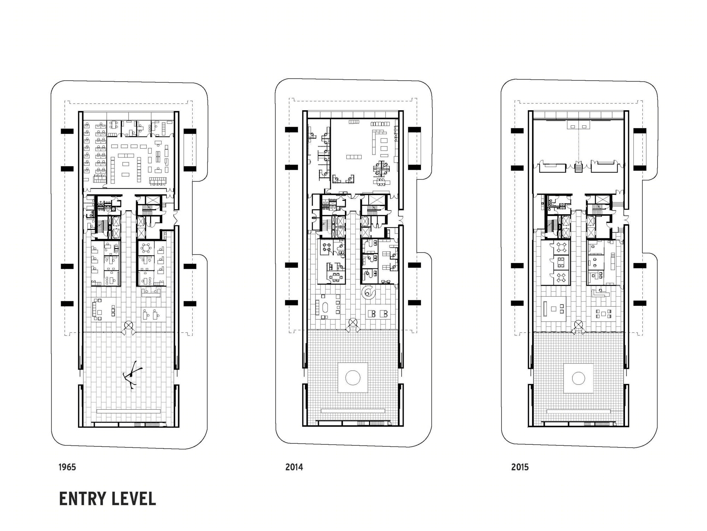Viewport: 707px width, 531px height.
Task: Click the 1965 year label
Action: click(x=67, y=467)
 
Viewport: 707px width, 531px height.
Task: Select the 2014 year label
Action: click(x=294, y=467)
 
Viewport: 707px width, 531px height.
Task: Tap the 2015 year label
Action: click(x=520, y=467)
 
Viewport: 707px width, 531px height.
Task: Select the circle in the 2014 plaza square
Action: click(x=352, y=378)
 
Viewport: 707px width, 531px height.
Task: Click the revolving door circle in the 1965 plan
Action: click(x=128, y=325)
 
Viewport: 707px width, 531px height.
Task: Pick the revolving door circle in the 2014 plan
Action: click(x=352, y=322)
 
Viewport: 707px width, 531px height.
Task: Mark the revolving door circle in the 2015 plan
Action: click(x=578, y=324)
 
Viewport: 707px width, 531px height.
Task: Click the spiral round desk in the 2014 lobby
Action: click(x=369, y=292)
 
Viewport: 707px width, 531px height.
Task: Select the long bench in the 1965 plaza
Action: click(x=128, y=411)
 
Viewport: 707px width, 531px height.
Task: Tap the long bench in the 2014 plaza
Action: click(x=353, y=411)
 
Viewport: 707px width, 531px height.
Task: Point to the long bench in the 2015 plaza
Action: click(x=579, y=411)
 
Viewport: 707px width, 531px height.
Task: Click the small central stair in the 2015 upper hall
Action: click(x=578, y=167)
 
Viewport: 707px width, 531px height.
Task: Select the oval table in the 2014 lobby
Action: click(x=325, y=307)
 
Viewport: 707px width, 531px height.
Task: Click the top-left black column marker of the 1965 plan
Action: click(x=67, y=131)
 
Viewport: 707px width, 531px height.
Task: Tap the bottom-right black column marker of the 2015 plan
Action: click(x=640, y=303)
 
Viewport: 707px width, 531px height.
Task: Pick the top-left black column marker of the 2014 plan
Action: click(x=291, y=130)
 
